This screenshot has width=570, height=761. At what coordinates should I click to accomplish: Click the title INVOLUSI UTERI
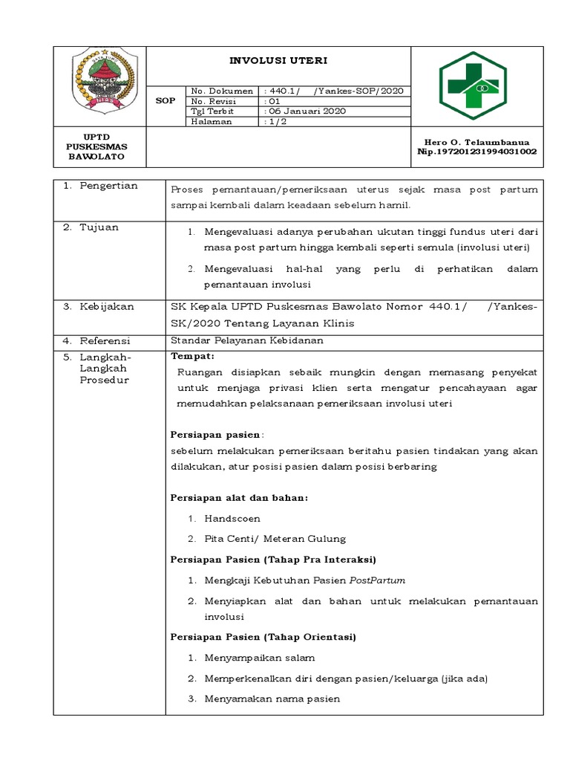[x=278, y=60]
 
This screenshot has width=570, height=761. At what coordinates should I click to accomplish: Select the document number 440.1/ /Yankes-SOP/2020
[x=335, y=91]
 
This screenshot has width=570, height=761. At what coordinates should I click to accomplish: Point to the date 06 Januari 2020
[x=307, y=111]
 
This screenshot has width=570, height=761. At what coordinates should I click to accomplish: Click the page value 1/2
[x=276, y=121]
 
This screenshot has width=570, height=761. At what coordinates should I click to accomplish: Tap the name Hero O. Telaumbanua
[x=477, y=141]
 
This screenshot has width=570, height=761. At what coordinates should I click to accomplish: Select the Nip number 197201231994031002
[x=477, y=152]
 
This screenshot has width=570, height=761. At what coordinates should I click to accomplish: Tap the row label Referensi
[x=105, y=341]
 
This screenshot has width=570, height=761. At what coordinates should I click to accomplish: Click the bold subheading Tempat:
[x=192, y=357]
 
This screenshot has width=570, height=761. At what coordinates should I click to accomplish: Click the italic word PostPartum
[x=380, y=580]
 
